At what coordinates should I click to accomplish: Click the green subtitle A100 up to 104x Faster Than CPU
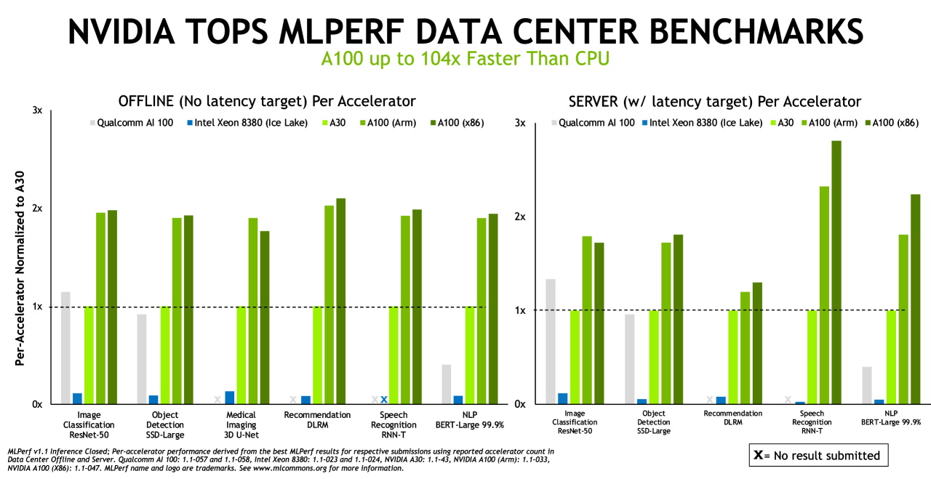pos(465,59)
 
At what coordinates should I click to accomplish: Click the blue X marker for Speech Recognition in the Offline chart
pos(384,399)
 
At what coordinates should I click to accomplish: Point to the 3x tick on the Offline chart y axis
pos(37,110)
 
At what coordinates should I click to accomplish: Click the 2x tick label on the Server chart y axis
pos(519,217)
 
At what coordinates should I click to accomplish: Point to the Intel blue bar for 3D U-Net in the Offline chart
pos(230,397)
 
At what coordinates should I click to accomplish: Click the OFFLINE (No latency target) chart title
pos(267,101)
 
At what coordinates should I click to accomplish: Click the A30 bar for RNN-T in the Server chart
pos(812,357)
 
